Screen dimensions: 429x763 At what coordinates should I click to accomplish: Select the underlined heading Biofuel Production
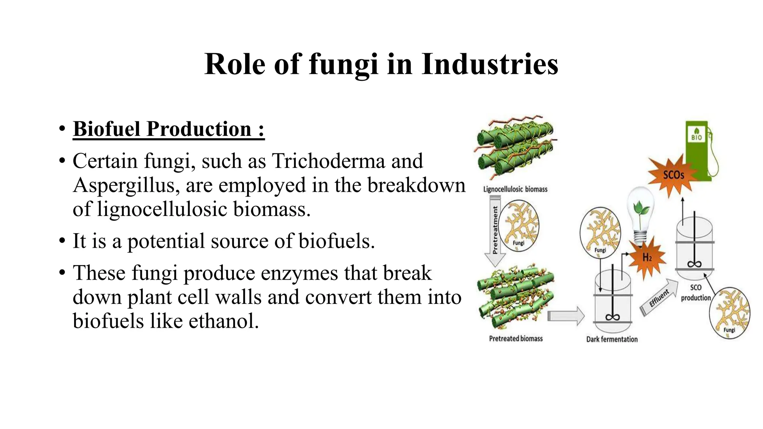point(168,129)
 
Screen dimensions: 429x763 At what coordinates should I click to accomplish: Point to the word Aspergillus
point(123,185)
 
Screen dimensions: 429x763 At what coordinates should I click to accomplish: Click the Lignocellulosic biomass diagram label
point(515,189)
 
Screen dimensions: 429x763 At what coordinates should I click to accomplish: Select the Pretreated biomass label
point(516,339)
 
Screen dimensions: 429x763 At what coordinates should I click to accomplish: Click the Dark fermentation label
point(612,339)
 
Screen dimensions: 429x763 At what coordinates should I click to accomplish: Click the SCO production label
point(696,293)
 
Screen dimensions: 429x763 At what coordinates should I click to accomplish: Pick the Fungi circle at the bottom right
point(729,313)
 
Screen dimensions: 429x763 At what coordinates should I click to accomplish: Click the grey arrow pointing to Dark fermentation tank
point(566,316)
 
